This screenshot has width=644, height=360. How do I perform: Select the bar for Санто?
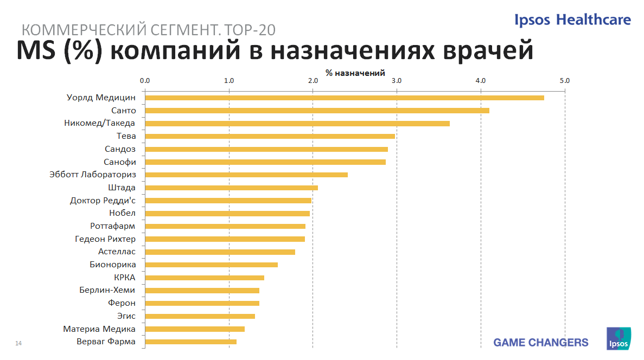tap(317, 111)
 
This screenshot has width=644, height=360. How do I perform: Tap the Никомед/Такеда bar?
tap(297, 124)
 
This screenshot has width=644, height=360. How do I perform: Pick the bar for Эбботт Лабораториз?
tap(246, 175)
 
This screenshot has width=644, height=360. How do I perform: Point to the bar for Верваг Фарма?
tap(190, 342)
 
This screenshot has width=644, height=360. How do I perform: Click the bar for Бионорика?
tap(211, 265)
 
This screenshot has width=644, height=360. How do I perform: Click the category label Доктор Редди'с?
tap(103, 201)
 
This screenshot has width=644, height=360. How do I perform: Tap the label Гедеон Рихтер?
tap(105, 239)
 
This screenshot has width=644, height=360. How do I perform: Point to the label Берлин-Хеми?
tap(107, 290)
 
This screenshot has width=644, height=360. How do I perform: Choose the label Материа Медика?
tap(99, 329)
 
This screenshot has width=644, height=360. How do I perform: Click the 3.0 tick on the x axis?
tap(397, 81)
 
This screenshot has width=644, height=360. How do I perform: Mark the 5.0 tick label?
tap(565, 81)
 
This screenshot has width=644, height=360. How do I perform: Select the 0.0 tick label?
tap(145, 81)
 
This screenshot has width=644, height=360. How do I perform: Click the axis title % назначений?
tap(355, 73)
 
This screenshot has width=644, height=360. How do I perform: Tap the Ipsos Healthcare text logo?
tap(573, 20)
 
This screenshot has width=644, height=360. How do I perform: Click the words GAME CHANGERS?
tap(540, 343)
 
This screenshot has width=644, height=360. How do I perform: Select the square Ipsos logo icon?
tap(618, 339)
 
